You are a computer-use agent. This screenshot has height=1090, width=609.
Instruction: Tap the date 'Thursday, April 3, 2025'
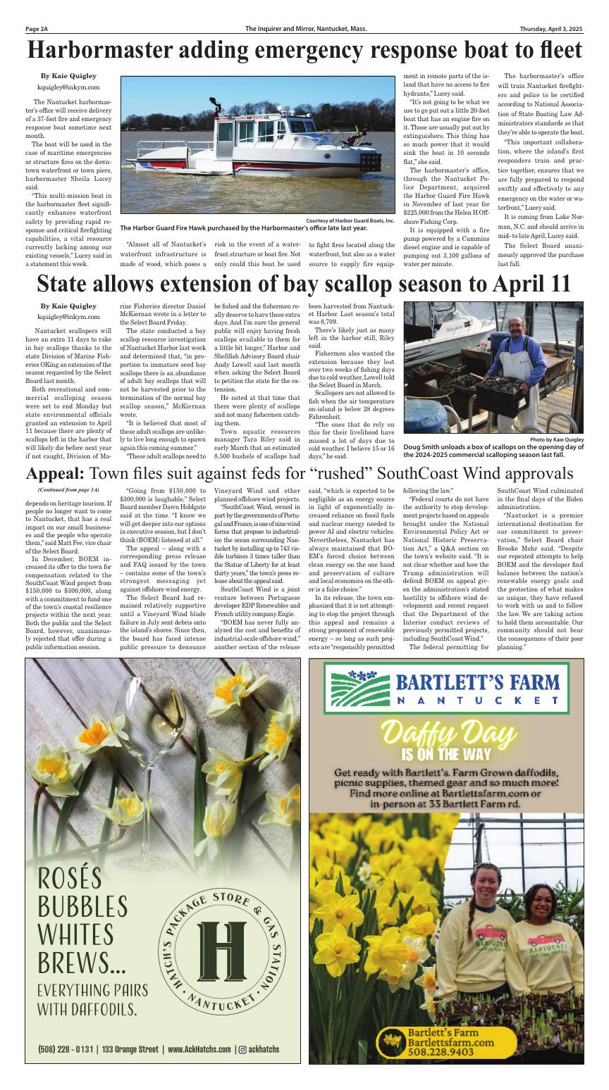click(x=548, y=29)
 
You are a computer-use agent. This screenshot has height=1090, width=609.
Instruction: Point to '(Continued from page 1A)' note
click(x=68, y=489)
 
